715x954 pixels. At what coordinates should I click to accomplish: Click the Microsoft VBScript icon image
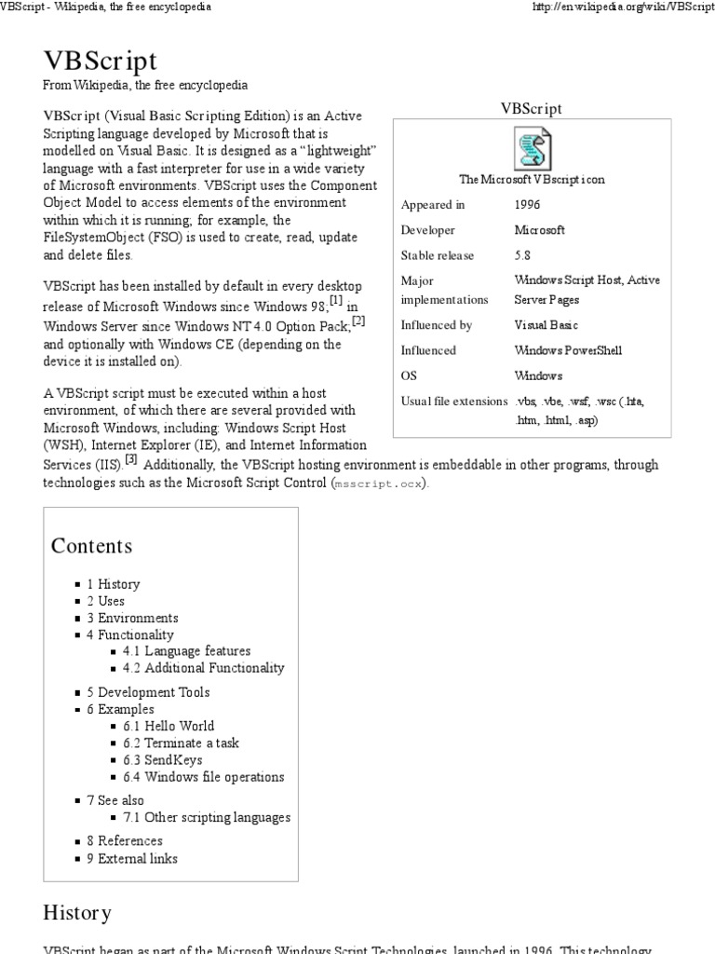coord(532,149)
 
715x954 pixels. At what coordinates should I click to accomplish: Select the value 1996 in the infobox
coord(527,205)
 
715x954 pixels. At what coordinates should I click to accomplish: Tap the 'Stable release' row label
coord(438,255)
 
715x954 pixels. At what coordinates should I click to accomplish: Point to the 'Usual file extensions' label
coord(453,402)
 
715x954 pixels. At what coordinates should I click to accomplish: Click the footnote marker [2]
coord(357,320)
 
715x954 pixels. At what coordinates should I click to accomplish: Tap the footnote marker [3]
coord(131,458)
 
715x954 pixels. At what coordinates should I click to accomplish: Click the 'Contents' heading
coord(91,546)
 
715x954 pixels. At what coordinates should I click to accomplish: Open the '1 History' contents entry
coord(114,584)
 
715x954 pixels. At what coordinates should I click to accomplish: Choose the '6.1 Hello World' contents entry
coord(168,726)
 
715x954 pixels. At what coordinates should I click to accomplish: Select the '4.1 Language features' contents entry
coord(186,651)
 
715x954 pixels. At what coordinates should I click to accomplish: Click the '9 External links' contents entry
coord(131,858)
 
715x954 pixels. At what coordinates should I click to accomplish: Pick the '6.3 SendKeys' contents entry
coord(162,760)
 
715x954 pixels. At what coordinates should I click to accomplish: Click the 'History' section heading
coord(77,911)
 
